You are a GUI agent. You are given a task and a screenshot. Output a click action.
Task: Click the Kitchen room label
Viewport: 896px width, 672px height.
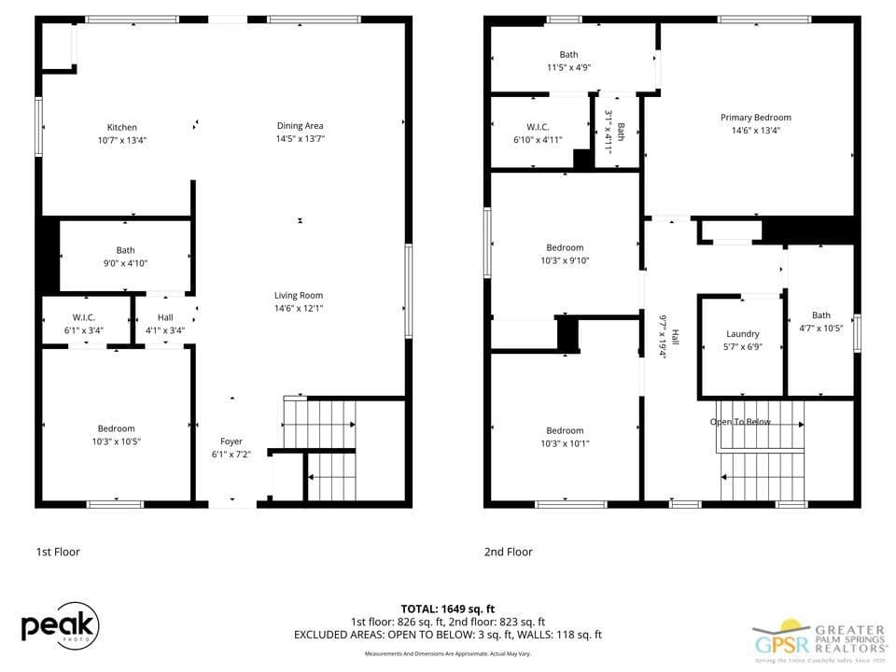coord(122,128)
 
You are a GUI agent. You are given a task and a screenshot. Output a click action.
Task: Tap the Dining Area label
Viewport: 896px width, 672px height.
coord(300,126)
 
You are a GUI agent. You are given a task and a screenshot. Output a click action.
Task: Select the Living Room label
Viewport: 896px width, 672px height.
coord(299,296)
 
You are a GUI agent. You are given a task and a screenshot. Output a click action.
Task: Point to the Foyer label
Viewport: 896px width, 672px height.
coord(231,441)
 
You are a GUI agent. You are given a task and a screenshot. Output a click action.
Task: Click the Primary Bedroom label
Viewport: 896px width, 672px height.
coord(755,118)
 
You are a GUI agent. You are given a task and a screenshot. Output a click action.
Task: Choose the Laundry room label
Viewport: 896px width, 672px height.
coord(742,334)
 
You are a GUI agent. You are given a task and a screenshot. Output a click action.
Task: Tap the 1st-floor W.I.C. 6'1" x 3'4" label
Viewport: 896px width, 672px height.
coord(84,317)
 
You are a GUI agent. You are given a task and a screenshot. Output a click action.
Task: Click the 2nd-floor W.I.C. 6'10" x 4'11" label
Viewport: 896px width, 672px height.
coord(538,127)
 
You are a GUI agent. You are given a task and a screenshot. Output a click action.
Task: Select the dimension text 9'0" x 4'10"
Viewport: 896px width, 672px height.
coord(125,263)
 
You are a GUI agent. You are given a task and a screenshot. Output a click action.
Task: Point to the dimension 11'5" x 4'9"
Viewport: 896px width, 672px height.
coord(568,67)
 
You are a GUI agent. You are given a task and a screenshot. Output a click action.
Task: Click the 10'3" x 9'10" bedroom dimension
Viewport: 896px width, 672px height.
coord(565,260)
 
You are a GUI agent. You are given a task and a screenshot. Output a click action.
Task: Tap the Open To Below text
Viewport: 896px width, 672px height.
coord(740,422)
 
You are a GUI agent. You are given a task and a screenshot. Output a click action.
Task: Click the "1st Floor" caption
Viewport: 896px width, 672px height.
coord(58,552)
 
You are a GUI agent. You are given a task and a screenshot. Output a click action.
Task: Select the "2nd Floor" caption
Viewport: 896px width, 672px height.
coord(508,552)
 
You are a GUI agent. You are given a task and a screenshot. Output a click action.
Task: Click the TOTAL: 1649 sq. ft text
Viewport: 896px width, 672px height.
coord(448,608)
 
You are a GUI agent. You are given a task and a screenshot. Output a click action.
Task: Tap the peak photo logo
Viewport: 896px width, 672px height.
coord(60,627)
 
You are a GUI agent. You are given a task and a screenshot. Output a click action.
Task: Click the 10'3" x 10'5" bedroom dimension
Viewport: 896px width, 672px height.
coord(116,441)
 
